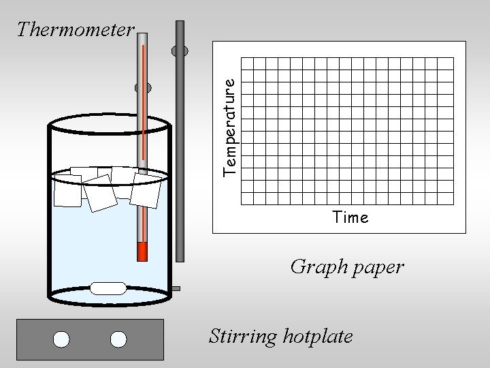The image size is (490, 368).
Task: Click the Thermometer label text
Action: pyautogui.click(x=76, y=29)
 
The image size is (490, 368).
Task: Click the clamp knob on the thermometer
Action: pyautogui.click(x=143, y=87)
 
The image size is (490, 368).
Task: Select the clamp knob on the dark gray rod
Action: pyautogui.click(x=180, y=50)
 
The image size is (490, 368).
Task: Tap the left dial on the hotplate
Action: pyautogui.click(x=63, y=339)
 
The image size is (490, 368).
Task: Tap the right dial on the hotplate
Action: pyautogui.click(x=118, y=339)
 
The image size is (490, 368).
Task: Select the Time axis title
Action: pyautogui.click(x=350, y=218)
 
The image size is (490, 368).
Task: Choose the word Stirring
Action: pyautogui.click(x=240, y=336)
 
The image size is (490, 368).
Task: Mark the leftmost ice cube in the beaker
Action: pyautogui.click(x=67, y=190)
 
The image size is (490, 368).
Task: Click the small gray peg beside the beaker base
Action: pyautogui.click(x=176, y=289)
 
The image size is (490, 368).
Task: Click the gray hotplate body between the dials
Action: pyautogui.click(x=91, y=339)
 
